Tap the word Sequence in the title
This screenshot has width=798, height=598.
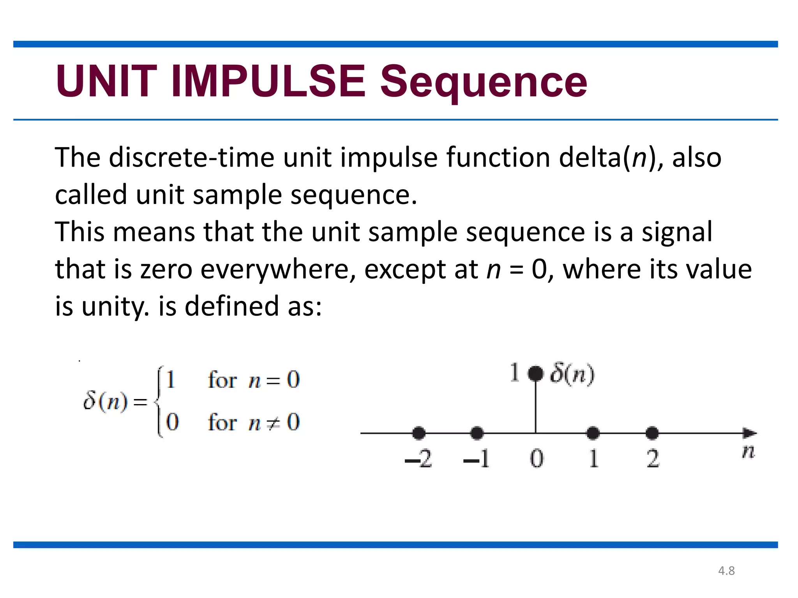point(483,82)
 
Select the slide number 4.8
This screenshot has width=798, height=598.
point(726,571)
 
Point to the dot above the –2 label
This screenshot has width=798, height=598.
point(418,433)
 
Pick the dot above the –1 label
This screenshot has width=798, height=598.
point(477,433)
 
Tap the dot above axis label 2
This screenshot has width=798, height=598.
point(652,433)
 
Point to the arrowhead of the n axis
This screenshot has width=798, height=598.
point(750,433)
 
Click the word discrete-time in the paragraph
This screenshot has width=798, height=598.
point(192,158)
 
